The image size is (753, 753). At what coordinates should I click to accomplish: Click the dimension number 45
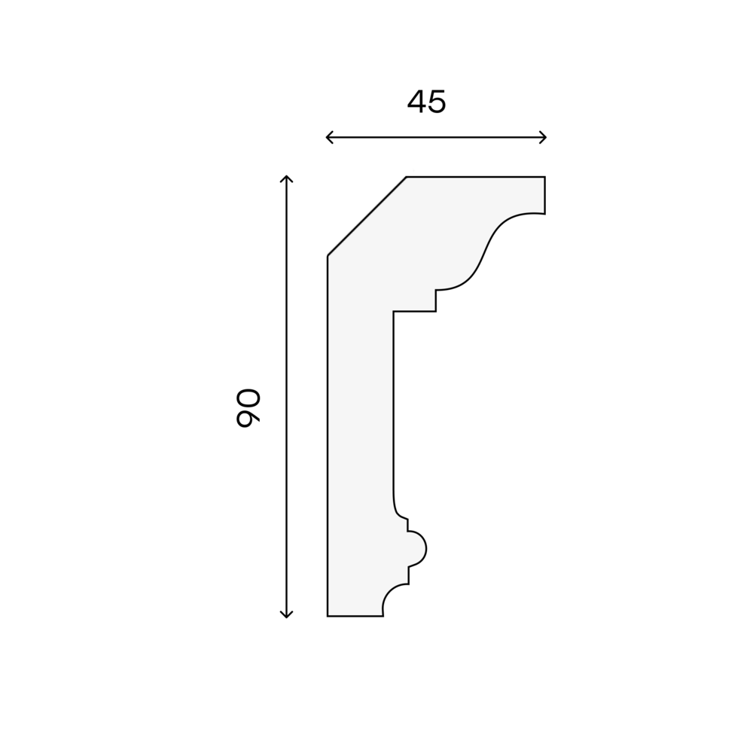coord(426,102)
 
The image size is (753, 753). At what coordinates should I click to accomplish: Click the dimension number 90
coord(248,407)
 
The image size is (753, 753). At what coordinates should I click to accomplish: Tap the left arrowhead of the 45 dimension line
coord(330,137)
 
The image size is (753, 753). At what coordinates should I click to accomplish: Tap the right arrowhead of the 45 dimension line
coord(543,137)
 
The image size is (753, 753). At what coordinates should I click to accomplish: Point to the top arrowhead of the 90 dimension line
coord(286,178)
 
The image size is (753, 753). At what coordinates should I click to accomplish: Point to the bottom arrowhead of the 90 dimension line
coord(286,614)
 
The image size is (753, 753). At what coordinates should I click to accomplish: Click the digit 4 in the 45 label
coord(417,102)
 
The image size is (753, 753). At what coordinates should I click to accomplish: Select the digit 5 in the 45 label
coord(437,102)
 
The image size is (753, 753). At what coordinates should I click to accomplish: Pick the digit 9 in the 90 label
coord(248,417)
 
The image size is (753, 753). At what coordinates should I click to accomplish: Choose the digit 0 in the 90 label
coord(248,398)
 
